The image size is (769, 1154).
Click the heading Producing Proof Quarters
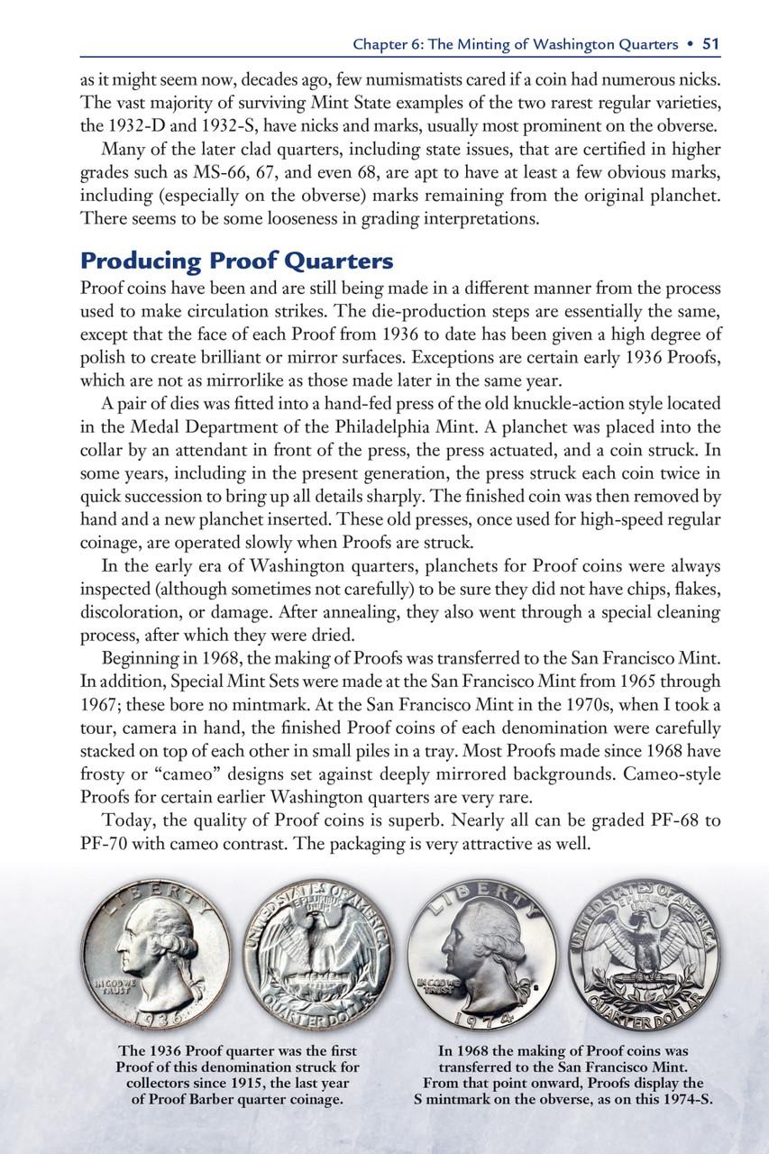(236, 261)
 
